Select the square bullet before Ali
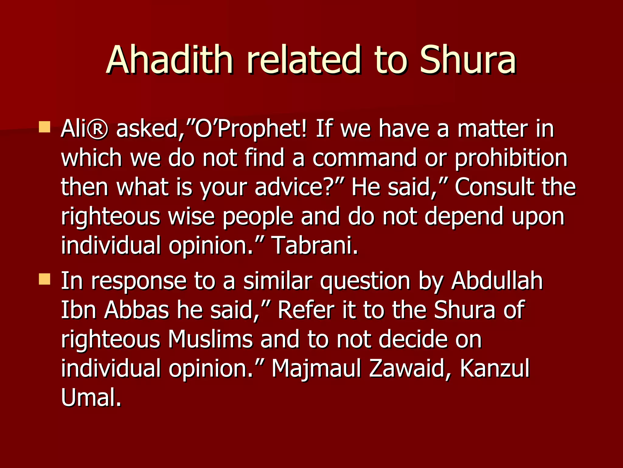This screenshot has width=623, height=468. pos(44,127)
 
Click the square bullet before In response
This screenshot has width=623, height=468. pos(44,279)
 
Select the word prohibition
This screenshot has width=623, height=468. pos(511,158)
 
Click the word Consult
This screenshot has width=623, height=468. pos(494,187)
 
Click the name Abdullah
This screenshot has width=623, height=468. pos(497,281)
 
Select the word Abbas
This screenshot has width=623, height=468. pos(137,310)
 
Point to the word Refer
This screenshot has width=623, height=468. pos(306,310)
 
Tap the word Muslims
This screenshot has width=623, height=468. pos(210,339)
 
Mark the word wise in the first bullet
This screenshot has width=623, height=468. pos(191,216)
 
